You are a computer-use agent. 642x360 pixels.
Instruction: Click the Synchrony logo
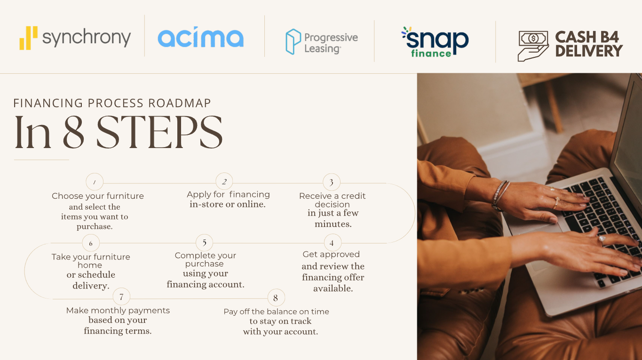[x=75, y=38]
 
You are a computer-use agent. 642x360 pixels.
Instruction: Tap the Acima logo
[x=201, y=38]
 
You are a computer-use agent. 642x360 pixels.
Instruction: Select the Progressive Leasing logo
[x=322, y=42]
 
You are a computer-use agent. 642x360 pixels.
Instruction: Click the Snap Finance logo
[x=435, y=42]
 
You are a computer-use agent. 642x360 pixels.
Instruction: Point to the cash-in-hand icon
[x=533, y=46]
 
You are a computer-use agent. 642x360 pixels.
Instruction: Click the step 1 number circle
[x=95, y=182]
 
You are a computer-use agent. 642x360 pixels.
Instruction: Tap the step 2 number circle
[x=224, y=181]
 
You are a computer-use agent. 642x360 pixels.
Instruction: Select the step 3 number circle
[x=332, y=182]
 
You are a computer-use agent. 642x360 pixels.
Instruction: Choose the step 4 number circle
[x=332, y=243]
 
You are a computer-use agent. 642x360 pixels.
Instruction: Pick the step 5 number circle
[x=205, y=243]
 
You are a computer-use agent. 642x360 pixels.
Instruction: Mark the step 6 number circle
[x=91, y=243]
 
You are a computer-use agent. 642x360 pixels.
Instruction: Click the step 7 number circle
[x=121, y=297]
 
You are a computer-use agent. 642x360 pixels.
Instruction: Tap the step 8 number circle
[x=276, y=297]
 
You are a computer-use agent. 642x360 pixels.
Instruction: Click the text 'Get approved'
[x=331, y=254]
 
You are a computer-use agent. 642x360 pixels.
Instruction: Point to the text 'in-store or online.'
[x=228, y=204]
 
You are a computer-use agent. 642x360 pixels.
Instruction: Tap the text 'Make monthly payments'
[x=118, y=310]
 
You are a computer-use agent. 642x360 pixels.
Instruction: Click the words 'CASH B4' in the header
[x=587, y=37]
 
